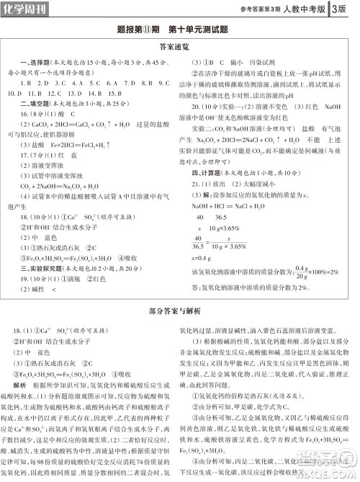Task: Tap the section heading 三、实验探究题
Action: pyautogui.click(x=37, y=268)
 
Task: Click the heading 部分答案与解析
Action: pyautogui.click(x=179, y=312)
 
